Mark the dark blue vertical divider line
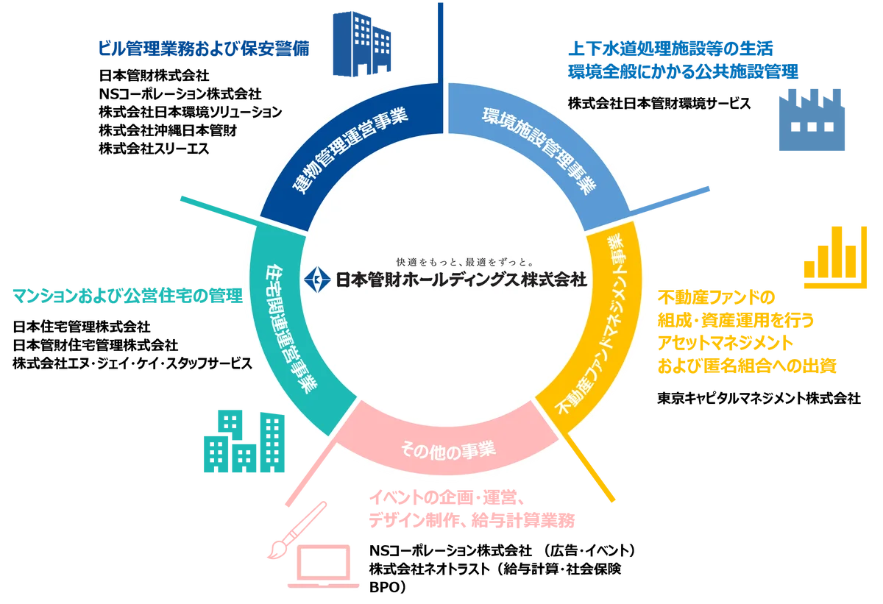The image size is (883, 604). tap(441, 37)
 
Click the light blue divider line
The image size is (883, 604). tap(670, 201)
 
